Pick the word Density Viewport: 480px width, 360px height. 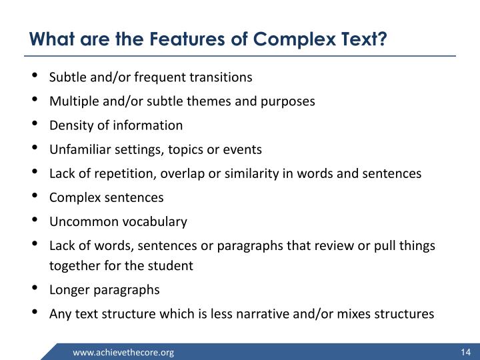69,125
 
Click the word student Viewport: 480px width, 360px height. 172,265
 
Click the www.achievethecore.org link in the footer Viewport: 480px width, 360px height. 123,352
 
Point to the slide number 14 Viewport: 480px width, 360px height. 465,352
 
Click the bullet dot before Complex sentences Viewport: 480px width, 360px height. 34,197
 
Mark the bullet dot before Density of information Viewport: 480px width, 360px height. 34,125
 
